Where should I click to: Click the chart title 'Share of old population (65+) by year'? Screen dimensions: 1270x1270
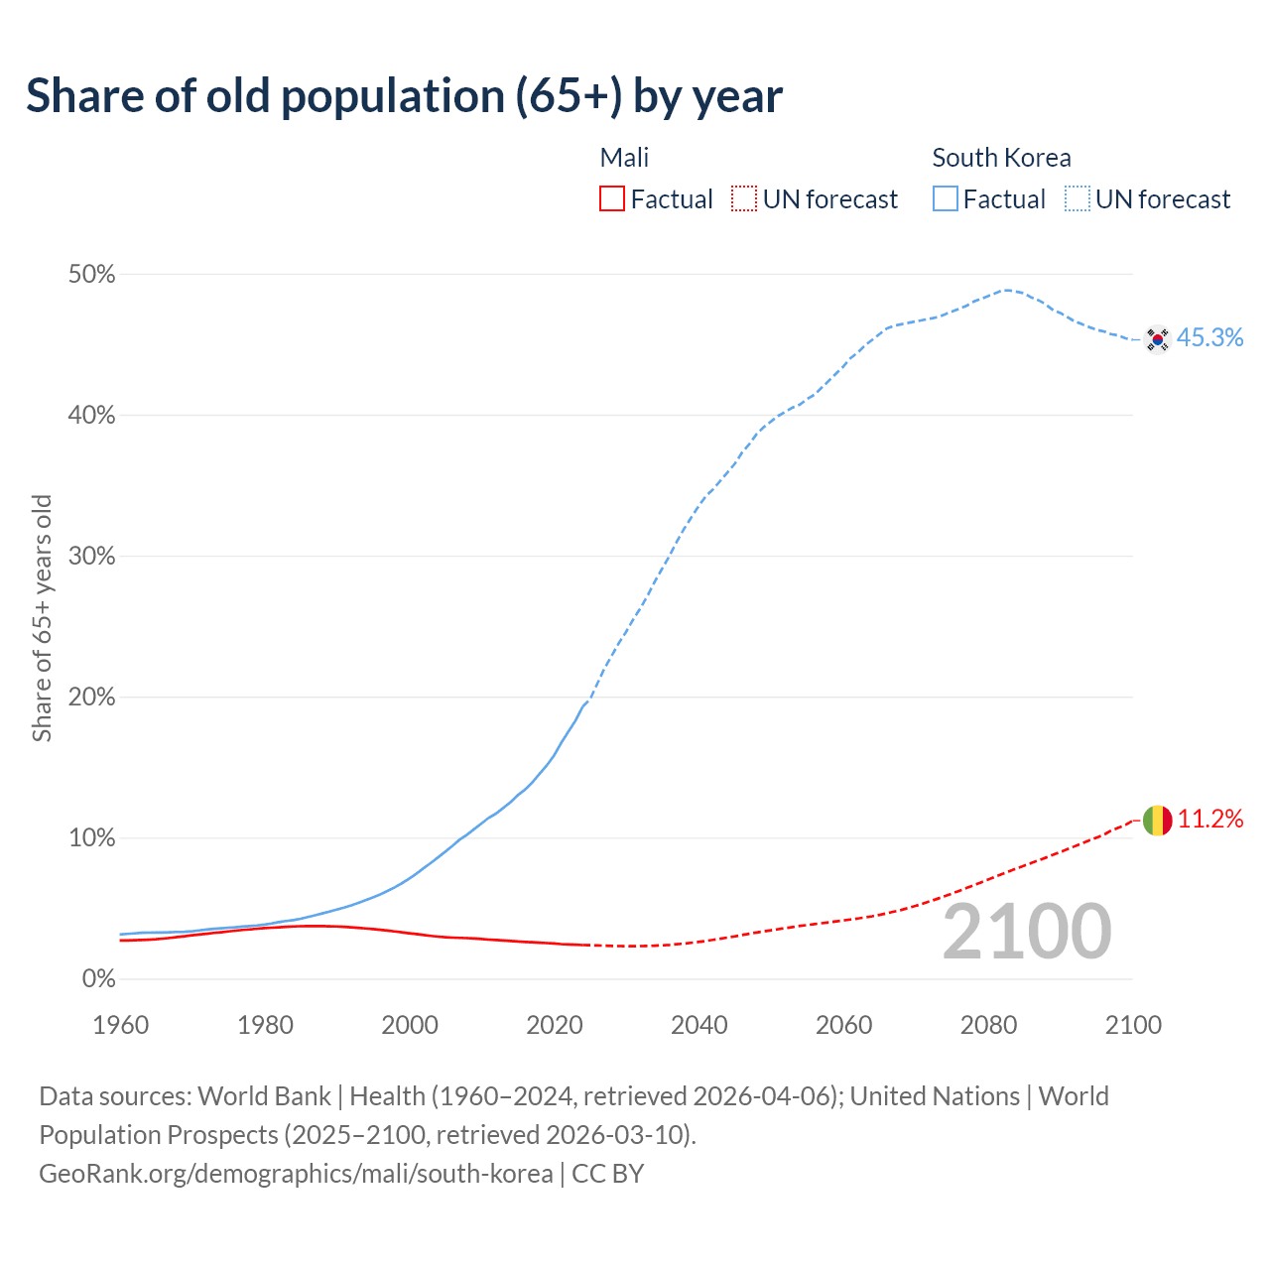click(404, 96)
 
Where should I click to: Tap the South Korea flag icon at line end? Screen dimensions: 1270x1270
click(1157, 339)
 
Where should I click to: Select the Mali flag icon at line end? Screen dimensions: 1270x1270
click(1157, 821)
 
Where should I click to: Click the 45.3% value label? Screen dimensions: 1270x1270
click(1209, 338)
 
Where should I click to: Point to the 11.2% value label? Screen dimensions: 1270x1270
click(1209, 820)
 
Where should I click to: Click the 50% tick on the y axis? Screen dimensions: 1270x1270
click(91, 275)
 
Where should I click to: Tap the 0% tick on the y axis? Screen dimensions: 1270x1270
click(98, 979)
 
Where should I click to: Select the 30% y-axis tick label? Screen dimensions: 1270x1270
click(91, 557)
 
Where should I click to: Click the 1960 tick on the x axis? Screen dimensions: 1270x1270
click(120, 1025)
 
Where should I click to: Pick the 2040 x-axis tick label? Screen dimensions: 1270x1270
click(698, 1025)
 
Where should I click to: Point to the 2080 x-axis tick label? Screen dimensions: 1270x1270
click(988, 1025)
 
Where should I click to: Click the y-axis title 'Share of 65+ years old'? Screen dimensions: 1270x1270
click(42, 617)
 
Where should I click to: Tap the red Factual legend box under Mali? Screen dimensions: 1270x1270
click(612, 199)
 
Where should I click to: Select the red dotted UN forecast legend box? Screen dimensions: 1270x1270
click(744, 199)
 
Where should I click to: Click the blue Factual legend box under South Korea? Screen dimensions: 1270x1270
click(945, 199)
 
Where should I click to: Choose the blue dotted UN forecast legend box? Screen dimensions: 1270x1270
click(1077, 199)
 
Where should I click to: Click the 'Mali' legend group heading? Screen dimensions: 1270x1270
click(624, 158)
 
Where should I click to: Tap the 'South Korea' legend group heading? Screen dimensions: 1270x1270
click(1001, 158)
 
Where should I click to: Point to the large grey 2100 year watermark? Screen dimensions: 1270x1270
click(1026, 932)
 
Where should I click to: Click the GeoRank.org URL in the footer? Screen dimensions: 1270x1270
click(296, 1174)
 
